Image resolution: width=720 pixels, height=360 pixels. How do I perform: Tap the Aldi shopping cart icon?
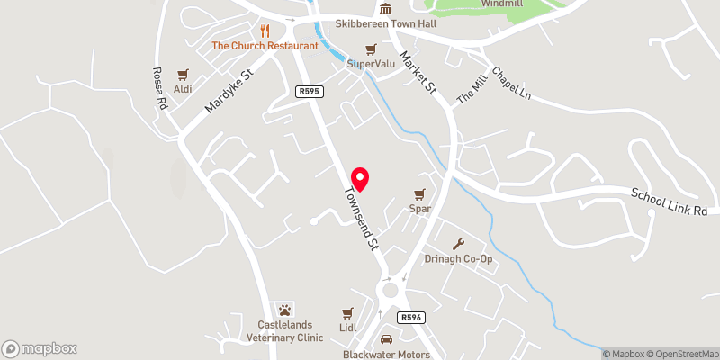pos(184,76)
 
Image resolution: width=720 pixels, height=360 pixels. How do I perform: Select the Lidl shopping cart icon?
pos(347,313)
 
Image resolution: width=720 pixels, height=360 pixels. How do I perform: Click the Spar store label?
pos(419,209)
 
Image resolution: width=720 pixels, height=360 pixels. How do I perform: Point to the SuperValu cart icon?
pos(371,49)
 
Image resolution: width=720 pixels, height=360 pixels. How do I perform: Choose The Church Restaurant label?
pos(265,45)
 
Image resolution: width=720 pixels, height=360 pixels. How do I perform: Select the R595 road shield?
pos(308,91)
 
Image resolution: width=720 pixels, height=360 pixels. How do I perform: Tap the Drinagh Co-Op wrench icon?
pos(459,244)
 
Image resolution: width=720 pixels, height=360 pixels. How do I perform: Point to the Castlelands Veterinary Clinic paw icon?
pos(285,310)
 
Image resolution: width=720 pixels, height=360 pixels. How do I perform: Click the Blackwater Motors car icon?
pos(386,340)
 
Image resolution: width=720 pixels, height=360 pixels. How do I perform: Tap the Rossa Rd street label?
pos(160,89)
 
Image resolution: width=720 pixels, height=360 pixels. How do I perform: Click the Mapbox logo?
pos(40,348)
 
